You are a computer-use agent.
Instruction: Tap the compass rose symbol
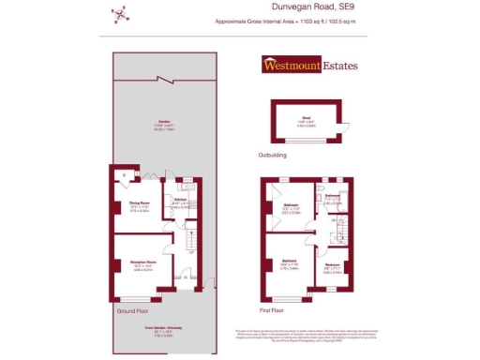[x=119, y=12]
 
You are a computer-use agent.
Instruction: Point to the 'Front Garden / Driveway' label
[x=163, y=328]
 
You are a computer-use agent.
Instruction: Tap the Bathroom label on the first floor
[x=332, y=198]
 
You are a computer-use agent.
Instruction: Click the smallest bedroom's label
[x=332, y=266]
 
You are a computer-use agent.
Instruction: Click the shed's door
[x=343, y=128]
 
